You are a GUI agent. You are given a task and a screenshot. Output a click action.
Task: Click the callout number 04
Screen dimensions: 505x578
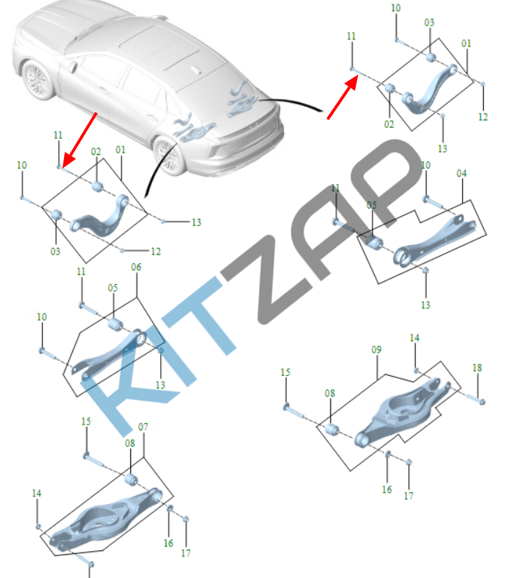pos(461,173)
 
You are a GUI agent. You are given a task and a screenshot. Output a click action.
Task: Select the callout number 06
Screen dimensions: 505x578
pos(136,267)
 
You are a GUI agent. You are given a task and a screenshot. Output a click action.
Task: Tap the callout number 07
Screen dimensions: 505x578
pos(143,427)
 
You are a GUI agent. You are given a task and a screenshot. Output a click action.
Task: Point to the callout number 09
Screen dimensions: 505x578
pos(376,350)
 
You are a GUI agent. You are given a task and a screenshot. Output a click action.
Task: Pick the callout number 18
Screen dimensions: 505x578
pos(477,367)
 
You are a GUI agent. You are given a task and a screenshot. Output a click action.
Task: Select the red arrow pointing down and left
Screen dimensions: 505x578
pos(79,140)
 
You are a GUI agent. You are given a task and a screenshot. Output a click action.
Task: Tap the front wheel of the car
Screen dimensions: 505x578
pos(36,80)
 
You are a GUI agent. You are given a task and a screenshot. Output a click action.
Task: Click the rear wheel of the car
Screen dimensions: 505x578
pos(170,155)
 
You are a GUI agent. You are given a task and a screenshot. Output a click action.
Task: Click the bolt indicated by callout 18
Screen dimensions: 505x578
pos(475,398)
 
